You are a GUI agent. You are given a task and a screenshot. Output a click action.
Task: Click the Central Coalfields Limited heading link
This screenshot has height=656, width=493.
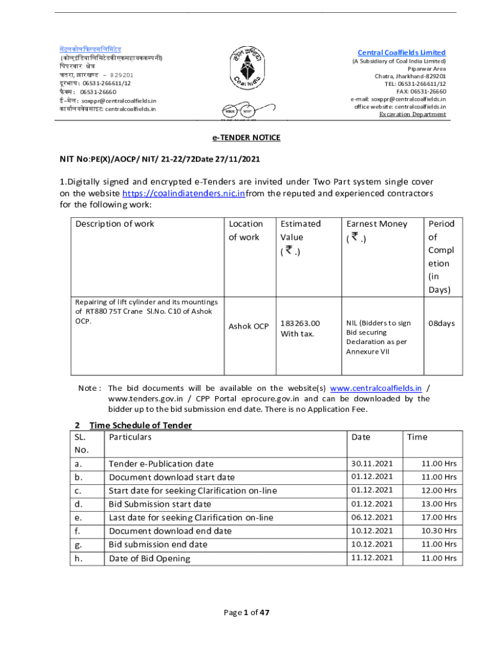point(401,53)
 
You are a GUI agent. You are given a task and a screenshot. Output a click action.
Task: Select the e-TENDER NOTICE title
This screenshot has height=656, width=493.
point(246,138)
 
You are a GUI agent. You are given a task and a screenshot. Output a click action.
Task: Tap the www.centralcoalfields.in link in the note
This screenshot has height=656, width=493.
point(375,388)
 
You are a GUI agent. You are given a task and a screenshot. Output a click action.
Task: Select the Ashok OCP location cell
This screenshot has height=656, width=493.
point(248,327)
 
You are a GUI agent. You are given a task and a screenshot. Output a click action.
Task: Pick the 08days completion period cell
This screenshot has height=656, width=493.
point(441,324)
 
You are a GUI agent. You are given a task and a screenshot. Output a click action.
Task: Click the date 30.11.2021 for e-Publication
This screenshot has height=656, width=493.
point(372,463)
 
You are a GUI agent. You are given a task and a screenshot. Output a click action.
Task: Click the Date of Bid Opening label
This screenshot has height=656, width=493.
point(149,558)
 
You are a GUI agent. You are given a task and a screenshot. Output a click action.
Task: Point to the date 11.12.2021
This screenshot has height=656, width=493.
point(372,557)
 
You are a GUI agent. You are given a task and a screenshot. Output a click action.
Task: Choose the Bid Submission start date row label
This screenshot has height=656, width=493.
point(159,504)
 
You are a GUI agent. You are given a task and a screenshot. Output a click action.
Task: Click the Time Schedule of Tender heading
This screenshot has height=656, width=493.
point(140,425)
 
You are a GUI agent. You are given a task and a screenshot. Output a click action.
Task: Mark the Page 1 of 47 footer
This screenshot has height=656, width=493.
point(247,612)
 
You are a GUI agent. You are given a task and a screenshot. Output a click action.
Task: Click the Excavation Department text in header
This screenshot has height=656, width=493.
point(412,114)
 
